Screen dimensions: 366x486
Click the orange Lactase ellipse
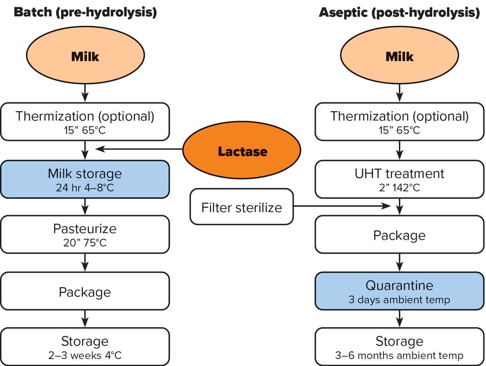(x=242, y=150)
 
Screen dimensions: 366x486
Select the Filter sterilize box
(x=242, y=207)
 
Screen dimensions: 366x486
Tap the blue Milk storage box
(x=85, y=179)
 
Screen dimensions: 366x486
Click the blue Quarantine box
(x=399, y=291)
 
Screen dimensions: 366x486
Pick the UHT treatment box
(x=399, y=179)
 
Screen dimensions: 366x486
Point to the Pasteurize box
(x=85, y=234)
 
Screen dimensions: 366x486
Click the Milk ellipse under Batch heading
(x=85, y=56)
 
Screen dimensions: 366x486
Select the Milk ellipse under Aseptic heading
(x=399, y=56)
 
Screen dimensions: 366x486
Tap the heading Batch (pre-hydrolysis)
(x=85, y=12)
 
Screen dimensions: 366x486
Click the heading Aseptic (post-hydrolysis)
(x=399, y=13)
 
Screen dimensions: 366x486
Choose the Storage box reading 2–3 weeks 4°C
(x=85, y=347)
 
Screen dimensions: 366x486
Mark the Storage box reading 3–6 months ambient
(x=399, y=347)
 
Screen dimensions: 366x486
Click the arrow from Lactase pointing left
(x=139, y=149)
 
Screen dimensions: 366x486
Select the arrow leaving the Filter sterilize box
(x=342, y=206)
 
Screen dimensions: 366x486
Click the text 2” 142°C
(x=399, y=188)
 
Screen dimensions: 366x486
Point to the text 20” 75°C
(x=85, y=243)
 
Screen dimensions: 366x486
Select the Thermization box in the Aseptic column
(x=399, y=122)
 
